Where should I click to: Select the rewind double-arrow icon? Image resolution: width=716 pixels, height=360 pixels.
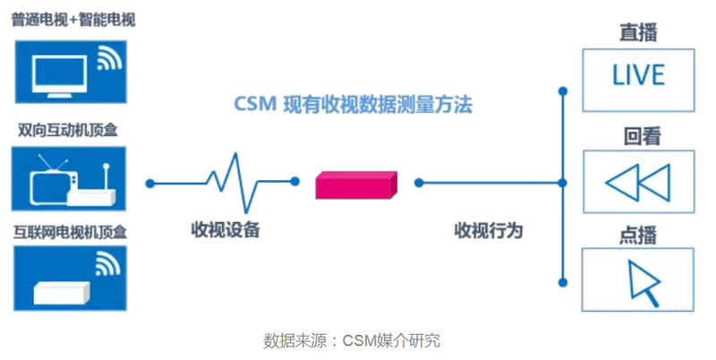[x=637, y=184]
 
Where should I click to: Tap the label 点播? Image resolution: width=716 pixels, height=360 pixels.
[x=638, y=235]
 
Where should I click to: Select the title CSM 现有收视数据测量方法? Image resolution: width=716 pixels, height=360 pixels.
[x=353, y=106]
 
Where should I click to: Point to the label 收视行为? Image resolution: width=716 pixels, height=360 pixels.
[x=488, y=231]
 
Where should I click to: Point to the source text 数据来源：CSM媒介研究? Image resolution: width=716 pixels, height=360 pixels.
[x=352, y=340]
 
